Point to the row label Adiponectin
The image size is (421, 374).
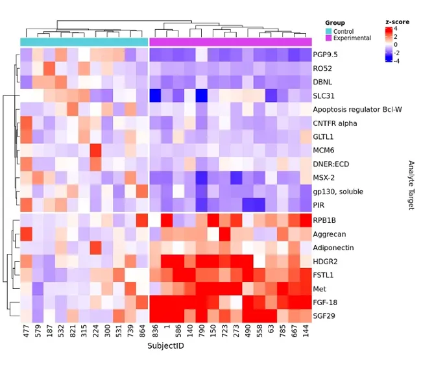[x=333, y=247]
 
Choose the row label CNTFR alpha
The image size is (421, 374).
[x=335, y=123]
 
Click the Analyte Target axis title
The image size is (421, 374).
[x=411, y=185]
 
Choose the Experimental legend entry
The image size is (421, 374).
[x=352, y=38]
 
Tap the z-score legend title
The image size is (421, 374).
[x=396, y=21]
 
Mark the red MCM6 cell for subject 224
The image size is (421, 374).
[x=96, y=151]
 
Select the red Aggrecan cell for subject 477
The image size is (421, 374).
[x=27, y=234]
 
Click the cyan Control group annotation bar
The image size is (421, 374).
[x=84, y=42]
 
